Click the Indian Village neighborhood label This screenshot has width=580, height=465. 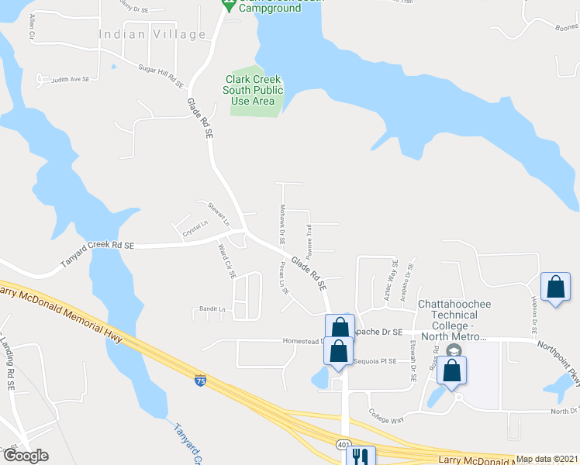click(x=153, y=34)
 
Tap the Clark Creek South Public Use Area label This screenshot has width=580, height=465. click(x=254, y=90)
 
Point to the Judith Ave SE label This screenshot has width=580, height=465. click(x=71, y=80)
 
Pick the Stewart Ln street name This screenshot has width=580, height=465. click(x=219, y=214)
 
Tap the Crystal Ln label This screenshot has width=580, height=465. click(x=195, y=229)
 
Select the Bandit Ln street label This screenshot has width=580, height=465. click(x=209, y=310)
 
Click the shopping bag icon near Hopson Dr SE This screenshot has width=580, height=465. click(x=556, y=287)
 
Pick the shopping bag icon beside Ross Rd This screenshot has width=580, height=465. click(x=452, y=370)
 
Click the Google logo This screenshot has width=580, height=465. click(x=26, y=456)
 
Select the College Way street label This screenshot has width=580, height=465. click(x=386, y=416)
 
